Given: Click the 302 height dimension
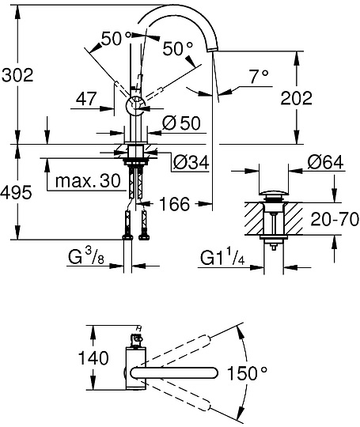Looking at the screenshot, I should coord(17,77).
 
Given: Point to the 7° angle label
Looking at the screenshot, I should coord(259,77).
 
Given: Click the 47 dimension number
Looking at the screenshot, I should coord(88,99).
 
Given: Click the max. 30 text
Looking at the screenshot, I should coord(87,182).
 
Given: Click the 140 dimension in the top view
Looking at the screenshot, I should coord(94,358).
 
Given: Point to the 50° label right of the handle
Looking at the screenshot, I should coord(177,49).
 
